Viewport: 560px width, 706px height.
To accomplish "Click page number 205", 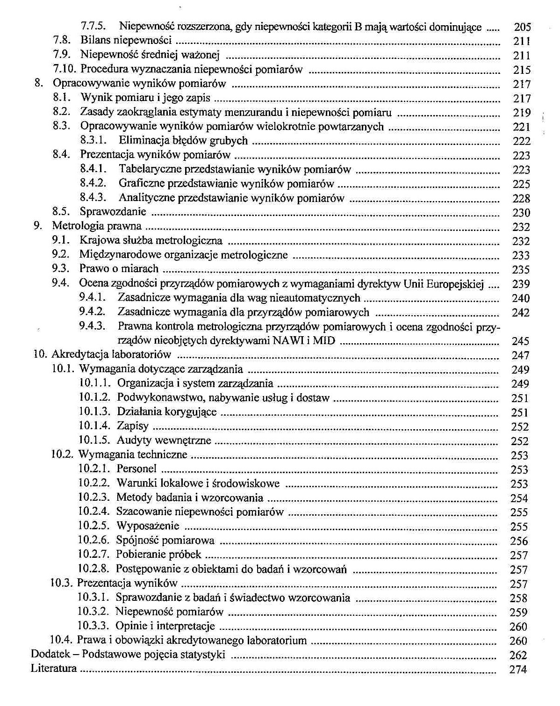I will [522, 27].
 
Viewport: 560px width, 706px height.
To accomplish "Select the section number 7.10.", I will [65, 70].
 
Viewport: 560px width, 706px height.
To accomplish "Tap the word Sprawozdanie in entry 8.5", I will [113, 212].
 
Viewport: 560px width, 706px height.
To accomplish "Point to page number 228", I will [521, 198].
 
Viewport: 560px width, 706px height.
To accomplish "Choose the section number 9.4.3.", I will [92, 326].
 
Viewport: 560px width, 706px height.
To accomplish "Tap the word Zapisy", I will [133, 426].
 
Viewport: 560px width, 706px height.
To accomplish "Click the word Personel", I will [136, 469].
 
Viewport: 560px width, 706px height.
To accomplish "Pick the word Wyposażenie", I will [148, 526].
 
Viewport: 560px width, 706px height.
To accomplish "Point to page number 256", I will [519, 541].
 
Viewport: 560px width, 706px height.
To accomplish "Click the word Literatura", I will [54, 669].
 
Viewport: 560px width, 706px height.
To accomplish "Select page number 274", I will [518, 670].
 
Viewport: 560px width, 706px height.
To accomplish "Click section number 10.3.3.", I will [93, 626].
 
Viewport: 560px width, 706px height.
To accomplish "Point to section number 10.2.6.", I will [93, 540].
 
